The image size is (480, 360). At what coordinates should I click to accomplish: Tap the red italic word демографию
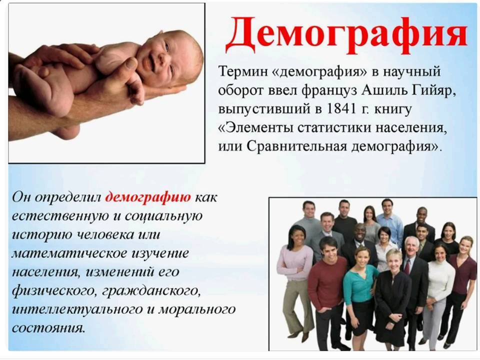click(148, 197)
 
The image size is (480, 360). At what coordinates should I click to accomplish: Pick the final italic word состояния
click(48, 328)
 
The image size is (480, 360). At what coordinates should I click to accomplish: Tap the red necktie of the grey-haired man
click(407, 267)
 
